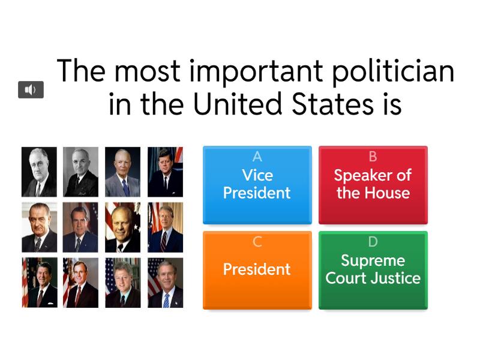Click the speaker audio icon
[x=31, y=90]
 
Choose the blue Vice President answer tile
[x=257, y=185]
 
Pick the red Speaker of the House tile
[x=373, y=185]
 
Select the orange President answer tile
[x=257, y=270]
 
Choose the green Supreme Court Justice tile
[x=373, y=270]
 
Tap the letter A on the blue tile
[x=257, y=157]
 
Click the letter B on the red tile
[x=373, y=157]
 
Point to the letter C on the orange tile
[x=257, y=242]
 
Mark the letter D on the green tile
[x=373, y=242]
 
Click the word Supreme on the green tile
[x=373, y=260]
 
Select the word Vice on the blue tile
[x=257, y=175]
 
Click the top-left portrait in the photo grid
[x=40, y=172]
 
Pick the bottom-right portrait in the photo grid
[x=166, y=283]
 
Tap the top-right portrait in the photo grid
[x=166, y=172]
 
